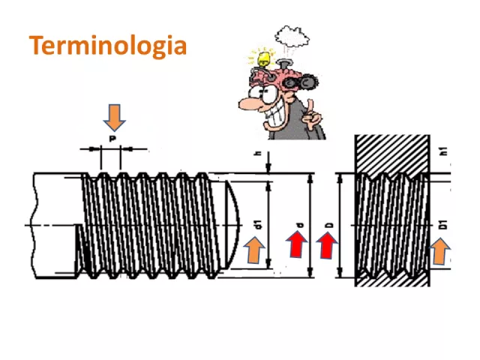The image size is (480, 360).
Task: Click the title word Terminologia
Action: click(107, 45)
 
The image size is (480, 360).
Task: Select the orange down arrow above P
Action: click(114, 118)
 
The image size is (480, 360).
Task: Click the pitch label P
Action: click(112, 139)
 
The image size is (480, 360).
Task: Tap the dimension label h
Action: click(257, 154)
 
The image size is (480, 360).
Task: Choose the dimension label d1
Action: click(257, 223)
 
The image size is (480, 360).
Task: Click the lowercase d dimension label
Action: click(298, 225)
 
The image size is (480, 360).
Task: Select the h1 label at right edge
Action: click(443, 151)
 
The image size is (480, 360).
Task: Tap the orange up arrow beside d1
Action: click(255, 250)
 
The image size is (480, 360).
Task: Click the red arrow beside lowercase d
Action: click(298, 245)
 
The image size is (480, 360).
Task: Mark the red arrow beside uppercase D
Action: click(328, 245)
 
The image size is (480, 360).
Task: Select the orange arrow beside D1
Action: click(440, 251)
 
